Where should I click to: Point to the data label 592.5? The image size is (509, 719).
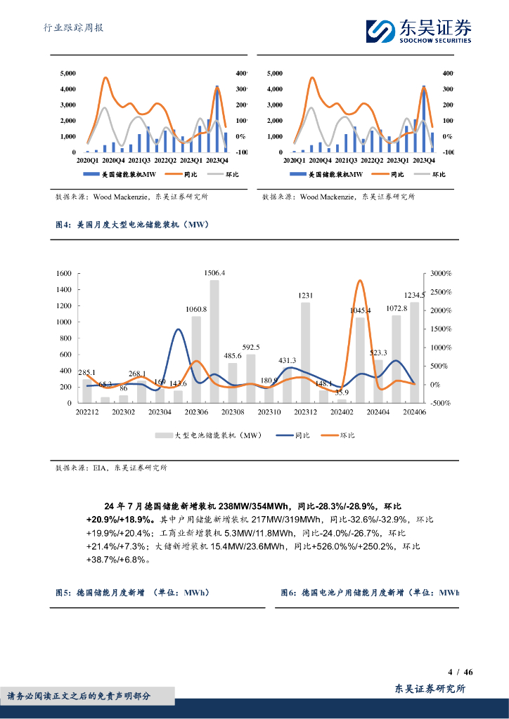[x=251, y=347]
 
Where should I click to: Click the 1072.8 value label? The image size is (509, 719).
[x=397, y=308]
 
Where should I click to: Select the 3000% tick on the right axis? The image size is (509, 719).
[x=442, y=273]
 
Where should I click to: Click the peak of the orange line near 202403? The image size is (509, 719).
[x=360, y=281]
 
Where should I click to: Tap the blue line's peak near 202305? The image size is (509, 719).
[x=178, y=330]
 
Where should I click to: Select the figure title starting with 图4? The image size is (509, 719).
[x=133, y=225]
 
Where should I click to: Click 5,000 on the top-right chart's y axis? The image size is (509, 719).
[x=275, y=73]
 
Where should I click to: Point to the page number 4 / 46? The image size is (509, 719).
[x=460, y=672]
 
